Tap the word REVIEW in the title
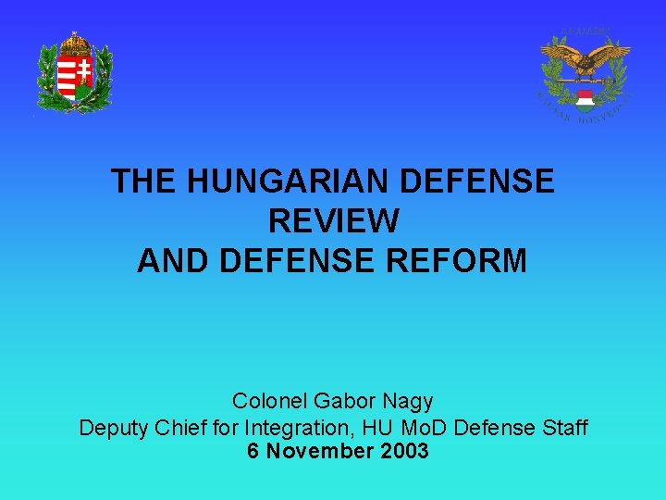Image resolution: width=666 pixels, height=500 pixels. point(333,220)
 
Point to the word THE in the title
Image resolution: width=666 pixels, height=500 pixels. point(144,181)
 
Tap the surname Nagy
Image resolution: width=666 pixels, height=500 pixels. point(410,402)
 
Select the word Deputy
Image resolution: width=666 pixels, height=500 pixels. point(111,428)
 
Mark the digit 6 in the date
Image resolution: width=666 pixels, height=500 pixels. point(253,452)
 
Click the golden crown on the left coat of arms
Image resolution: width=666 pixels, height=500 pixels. point(74,43)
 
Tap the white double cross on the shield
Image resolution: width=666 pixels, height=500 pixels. point(83,72)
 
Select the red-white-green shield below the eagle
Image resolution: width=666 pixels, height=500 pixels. point(584,99)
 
